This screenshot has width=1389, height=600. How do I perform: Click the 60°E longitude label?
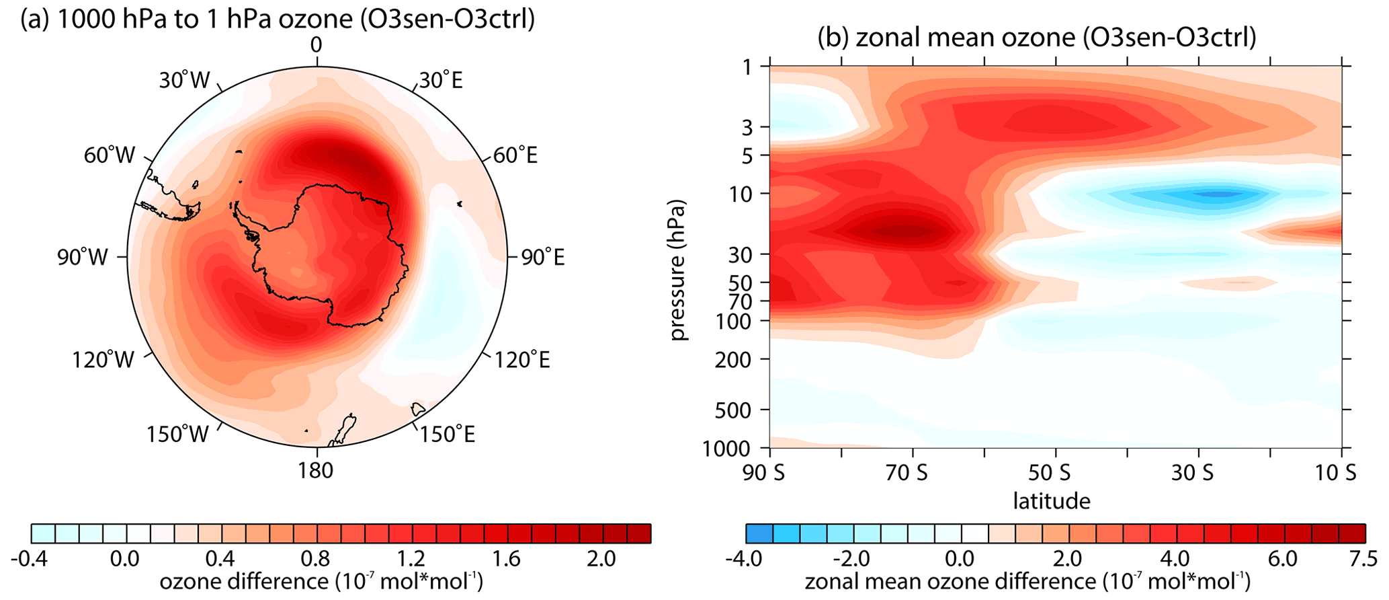pos(515,156)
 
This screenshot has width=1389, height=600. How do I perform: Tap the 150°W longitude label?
pos(177,435)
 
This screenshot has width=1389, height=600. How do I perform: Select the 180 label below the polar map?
pos(316,470)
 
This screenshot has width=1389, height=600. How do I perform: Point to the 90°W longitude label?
pos(82,257)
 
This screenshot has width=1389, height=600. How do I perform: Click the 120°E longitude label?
pos(522,360)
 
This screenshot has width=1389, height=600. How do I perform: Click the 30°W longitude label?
pos(184,81)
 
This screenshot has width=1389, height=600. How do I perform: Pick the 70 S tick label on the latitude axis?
pos(907,473)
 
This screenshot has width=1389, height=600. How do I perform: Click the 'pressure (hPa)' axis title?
pos(680,269)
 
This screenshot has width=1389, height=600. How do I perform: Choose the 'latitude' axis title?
pos(1051,500)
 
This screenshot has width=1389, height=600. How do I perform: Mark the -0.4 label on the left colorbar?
pos(30,559)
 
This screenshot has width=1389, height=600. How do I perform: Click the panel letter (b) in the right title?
pos(833,38)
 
